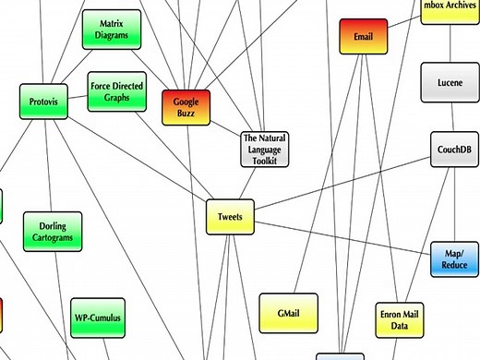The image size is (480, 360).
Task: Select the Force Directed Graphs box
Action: [117, 92]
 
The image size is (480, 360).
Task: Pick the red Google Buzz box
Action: [186, 108]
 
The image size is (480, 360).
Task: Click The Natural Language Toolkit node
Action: [264, 149]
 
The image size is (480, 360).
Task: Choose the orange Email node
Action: [363, 37]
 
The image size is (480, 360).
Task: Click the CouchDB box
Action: [456, 148]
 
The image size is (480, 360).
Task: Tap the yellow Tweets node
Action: [229, 217]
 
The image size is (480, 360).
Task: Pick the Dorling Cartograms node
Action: [53, 232]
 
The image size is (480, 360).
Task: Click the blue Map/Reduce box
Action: [455, 260]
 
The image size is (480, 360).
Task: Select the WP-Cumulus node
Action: [97, 318]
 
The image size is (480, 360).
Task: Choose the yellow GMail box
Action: [288, 314]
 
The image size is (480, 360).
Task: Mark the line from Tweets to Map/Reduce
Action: [342, 238]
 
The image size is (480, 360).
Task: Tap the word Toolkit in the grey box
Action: [265, 160]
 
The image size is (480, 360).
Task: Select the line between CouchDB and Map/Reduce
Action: [456, 203]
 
